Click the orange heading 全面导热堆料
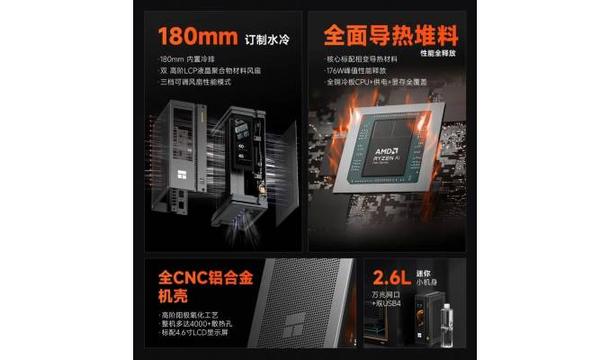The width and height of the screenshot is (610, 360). coord(391,36)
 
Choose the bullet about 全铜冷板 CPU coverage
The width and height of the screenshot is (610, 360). coord(375,82)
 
